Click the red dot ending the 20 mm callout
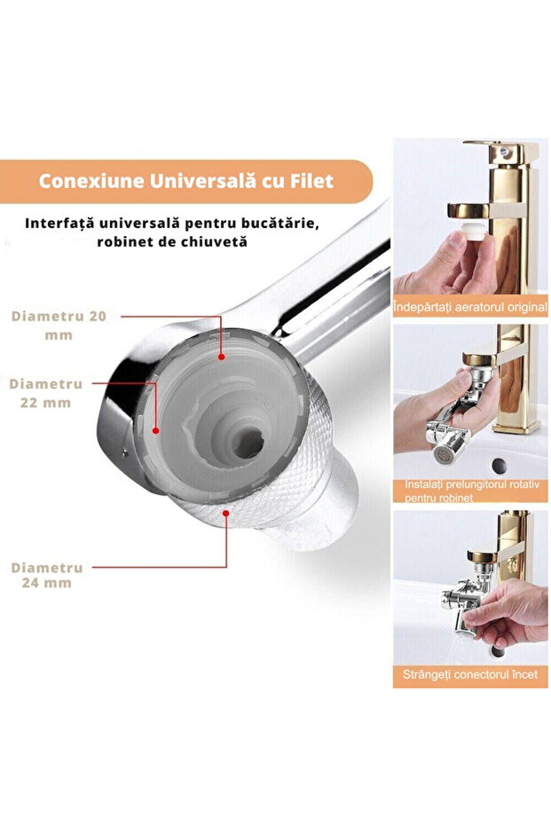(x=221, y=355)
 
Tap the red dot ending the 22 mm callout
(x=156, y=430)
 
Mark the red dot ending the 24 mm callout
(x=227, y=513)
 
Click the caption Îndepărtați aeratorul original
(x=470, y=309)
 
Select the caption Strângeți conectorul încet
(x=470, y=676)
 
